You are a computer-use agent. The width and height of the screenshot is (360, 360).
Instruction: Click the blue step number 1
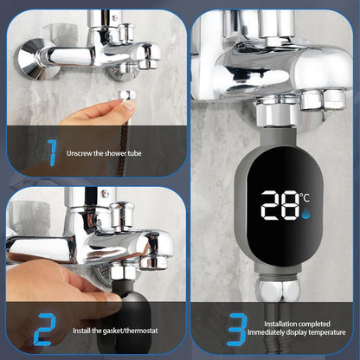pyautogui.click(x=52, y=152)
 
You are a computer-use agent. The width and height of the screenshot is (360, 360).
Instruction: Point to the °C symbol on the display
pyautogui.click(x=305, y=196)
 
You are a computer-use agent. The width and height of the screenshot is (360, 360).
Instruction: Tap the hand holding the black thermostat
pyautogui.click(x=52, y=286)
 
